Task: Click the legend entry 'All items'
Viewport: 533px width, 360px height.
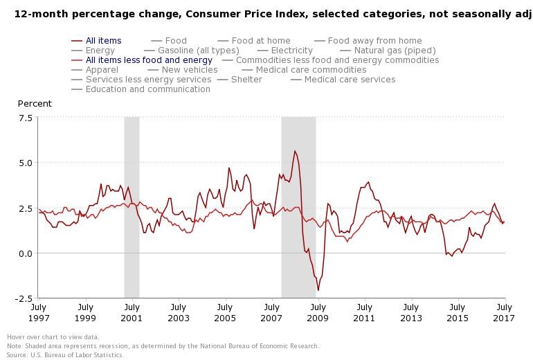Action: [x=103, y=41]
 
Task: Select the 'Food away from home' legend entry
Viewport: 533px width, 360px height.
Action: [x=374, y=41]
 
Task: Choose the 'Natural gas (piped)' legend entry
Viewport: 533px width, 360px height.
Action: [x=395, y=51]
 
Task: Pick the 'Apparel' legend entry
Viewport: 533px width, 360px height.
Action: [x=101, y=70]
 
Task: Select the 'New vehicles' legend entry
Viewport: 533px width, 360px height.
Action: [x=189, y=70]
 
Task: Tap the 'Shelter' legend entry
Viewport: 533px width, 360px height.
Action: [x=246, y=80]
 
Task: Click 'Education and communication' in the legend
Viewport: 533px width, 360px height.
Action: [x=147, y=89]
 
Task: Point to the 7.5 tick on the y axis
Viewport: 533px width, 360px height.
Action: [x=25, y=118]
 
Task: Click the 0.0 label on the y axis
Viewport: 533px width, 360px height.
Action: [x=25, y=253]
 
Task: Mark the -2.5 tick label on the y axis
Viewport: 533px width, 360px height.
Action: [x=24, y=298]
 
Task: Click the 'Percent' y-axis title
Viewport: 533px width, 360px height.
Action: [x=35, y=104]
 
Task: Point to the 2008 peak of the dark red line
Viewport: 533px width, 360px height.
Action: [x=295, y=151]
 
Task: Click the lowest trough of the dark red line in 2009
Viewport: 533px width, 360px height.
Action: [x=318, y=290]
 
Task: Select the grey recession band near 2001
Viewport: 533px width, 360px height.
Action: [x=132, y=208]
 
